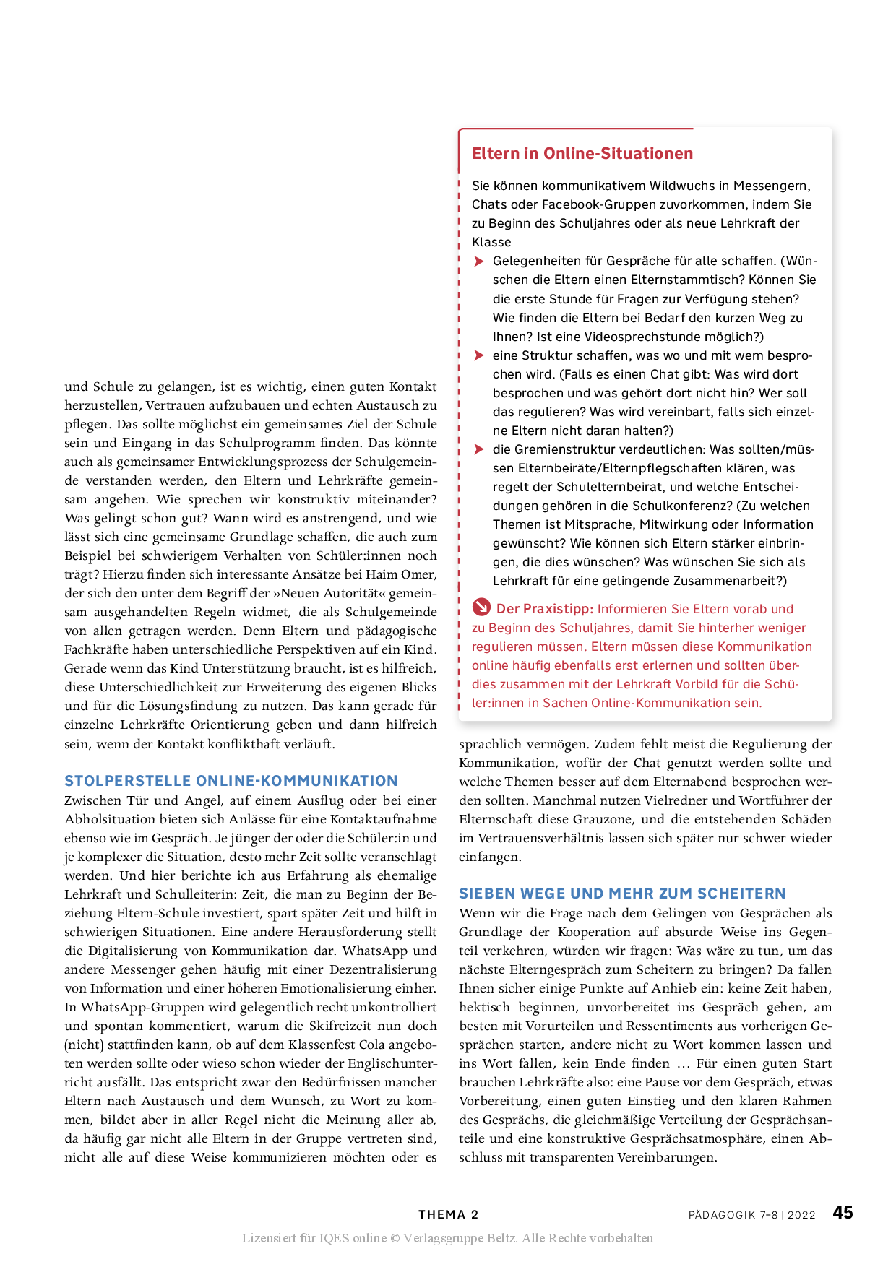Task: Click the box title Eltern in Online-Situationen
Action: pos(582,153)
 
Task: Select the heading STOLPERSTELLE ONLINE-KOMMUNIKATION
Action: pos(231,781)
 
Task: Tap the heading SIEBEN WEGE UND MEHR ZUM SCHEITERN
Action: pos(622,894)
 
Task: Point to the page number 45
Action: pos(843,1213)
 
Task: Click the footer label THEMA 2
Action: pos(448,1215)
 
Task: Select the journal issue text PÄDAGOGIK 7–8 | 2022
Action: pos(751,1215)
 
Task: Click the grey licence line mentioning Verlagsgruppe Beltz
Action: pos(447,1238)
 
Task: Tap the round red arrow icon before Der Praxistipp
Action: pos(481,607)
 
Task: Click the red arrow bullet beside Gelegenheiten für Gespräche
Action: pos(478,261)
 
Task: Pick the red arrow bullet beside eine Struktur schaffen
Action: pos(478,355)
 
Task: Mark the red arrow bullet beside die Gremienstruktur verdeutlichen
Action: pos(478,449)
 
